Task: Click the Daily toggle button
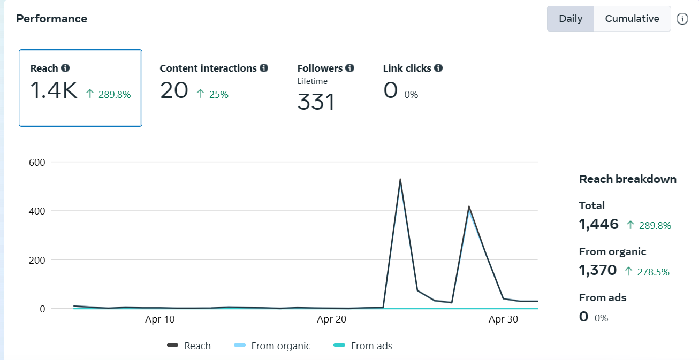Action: pos(570,19)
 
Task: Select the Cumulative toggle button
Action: pos(632,19)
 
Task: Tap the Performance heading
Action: pos(51,19)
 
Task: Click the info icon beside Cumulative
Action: pos(682,19)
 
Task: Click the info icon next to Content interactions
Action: pos(263,68)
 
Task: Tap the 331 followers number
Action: pos(316,102)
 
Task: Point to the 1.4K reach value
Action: pos(54,91)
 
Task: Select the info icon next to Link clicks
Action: pos(438,68)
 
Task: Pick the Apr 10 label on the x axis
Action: pos(159,320)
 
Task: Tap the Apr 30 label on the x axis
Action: pos(504,320)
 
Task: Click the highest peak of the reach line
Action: pos(400,179)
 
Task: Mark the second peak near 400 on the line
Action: pos(469,206)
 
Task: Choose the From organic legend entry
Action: pos(280,346)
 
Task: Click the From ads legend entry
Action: pos(371,346)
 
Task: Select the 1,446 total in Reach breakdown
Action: pos(598,224)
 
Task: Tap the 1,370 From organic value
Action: pos(598,270)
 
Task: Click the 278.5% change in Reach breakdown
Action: pos(653,272)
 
